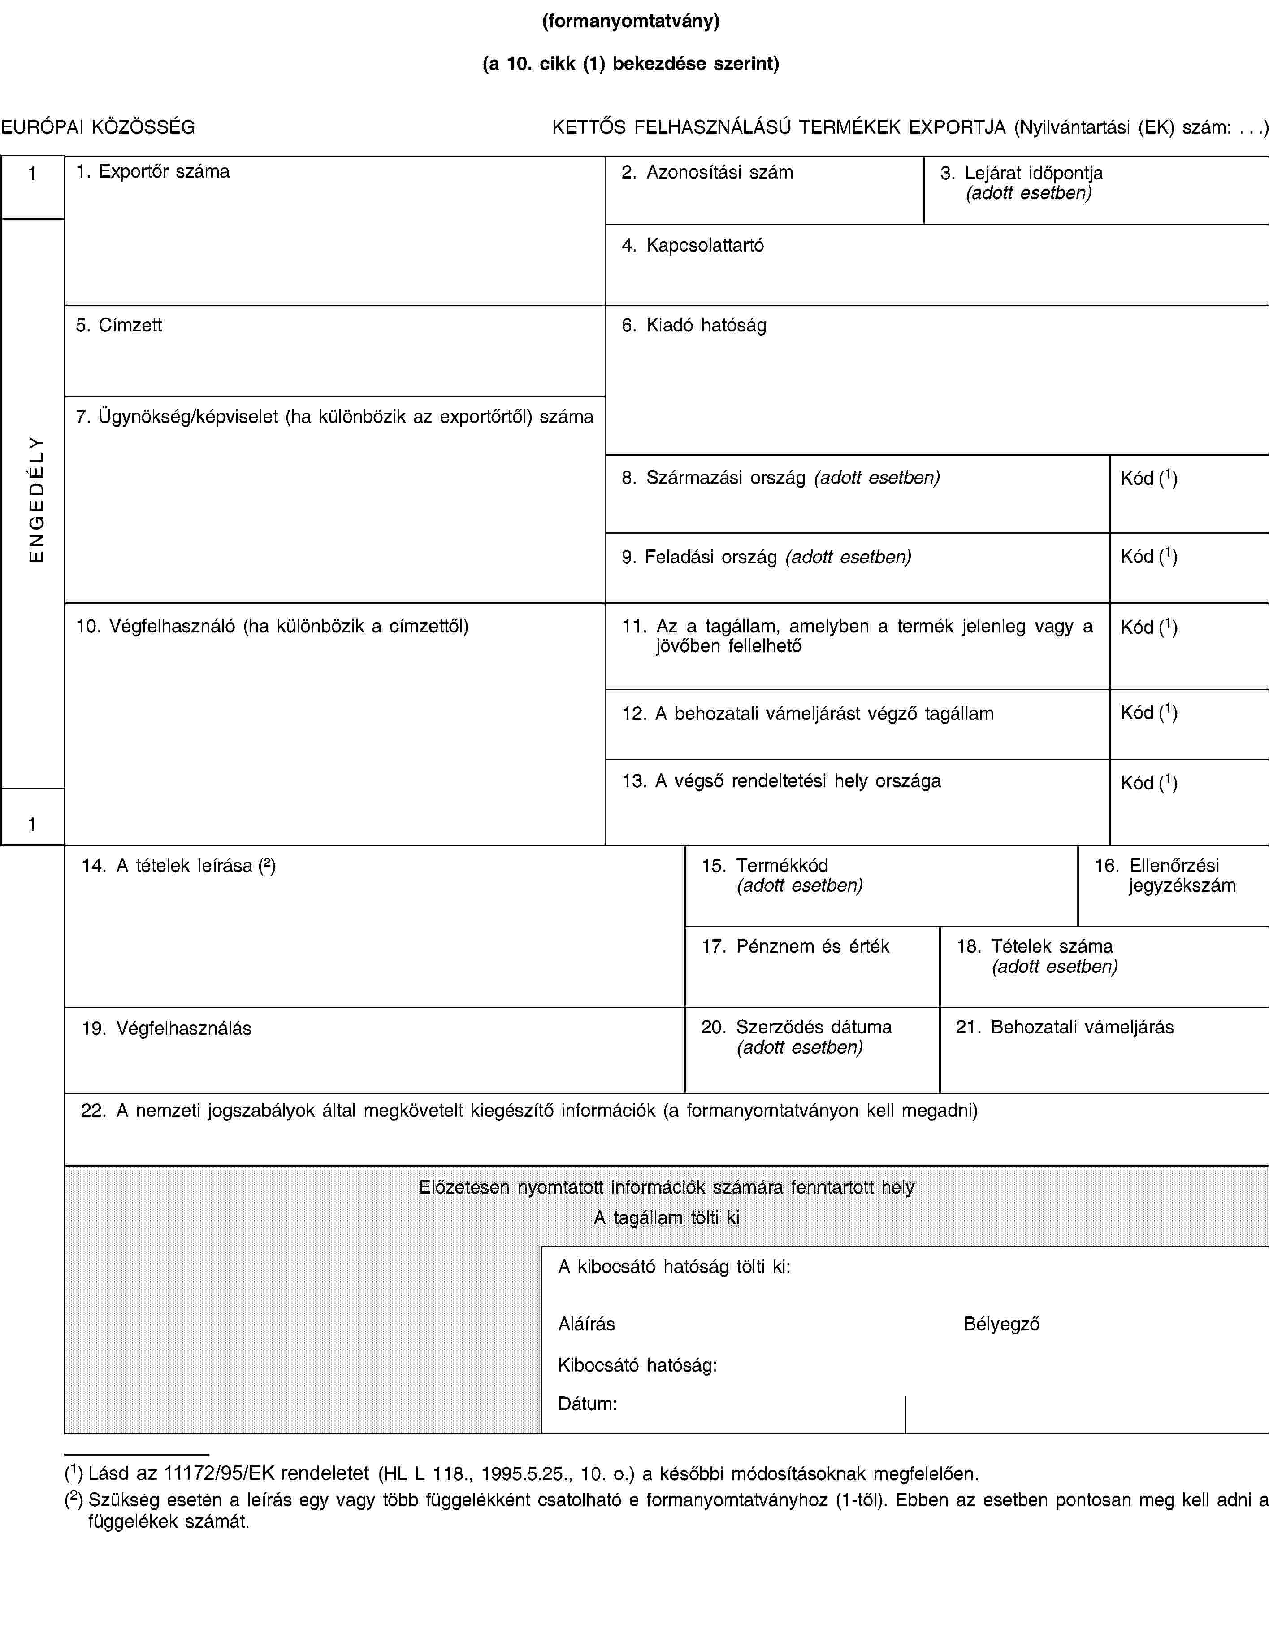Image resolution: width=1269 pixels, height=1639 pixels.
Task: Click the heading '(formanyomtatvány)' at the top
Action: (x=631, y=21)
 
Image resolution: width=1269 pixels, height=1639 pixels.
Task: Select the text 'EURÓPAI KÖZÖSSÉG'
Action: (x=98, y=127)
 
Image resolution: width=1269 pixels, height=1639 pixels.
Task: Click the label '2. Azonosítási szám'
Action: (x=707, y=173)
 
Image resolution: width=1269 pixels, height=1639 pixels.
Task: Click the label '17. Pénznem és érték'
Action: (x=795, y=946)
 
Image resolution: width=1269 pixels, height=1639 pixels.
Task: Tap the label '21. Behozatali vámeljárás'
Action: (x=1064, y=1027)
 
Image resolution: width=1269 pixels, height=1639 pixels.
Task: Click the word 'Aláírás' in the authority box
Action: (x=586, y=1324)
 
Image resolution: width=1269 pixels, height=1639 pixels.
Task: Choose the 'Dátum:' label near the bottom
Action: (x=587, y=1404)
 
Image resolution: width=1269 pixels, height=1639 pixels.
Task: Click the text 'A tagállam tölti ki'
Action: (x=666, y=1217)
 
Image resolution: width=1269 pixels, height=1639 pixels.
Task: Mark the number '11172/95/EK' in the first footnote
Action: (x=213, y=1473)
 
